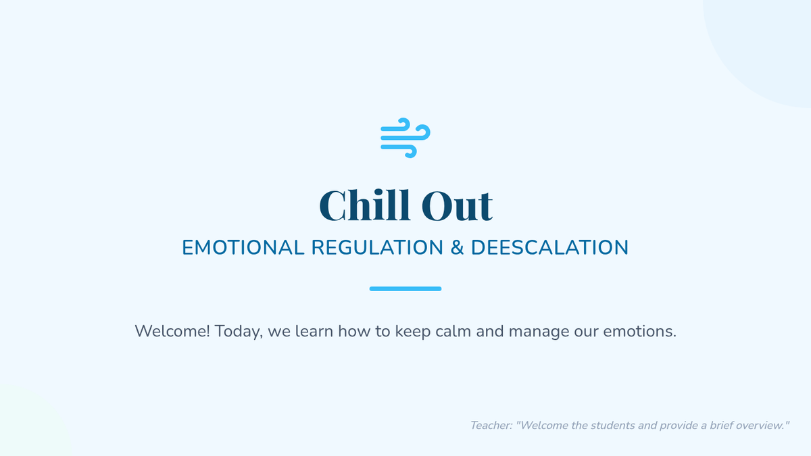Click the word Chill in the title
(364, 205)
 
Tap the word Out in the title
(457, 206)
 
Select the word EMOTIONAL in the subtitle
(243, 247)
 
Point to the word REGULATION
(377, 247)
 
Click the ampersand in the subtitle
(457, 247)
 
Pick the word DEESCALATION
(549, 247)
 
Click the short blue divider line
(405, 289)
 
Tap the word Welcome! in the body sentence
(172, 331)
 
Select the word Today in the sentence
(237, 332)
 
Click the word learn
(314, 331)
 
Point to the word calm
(453, 331)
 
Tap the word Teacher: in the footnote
(491, 425)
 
